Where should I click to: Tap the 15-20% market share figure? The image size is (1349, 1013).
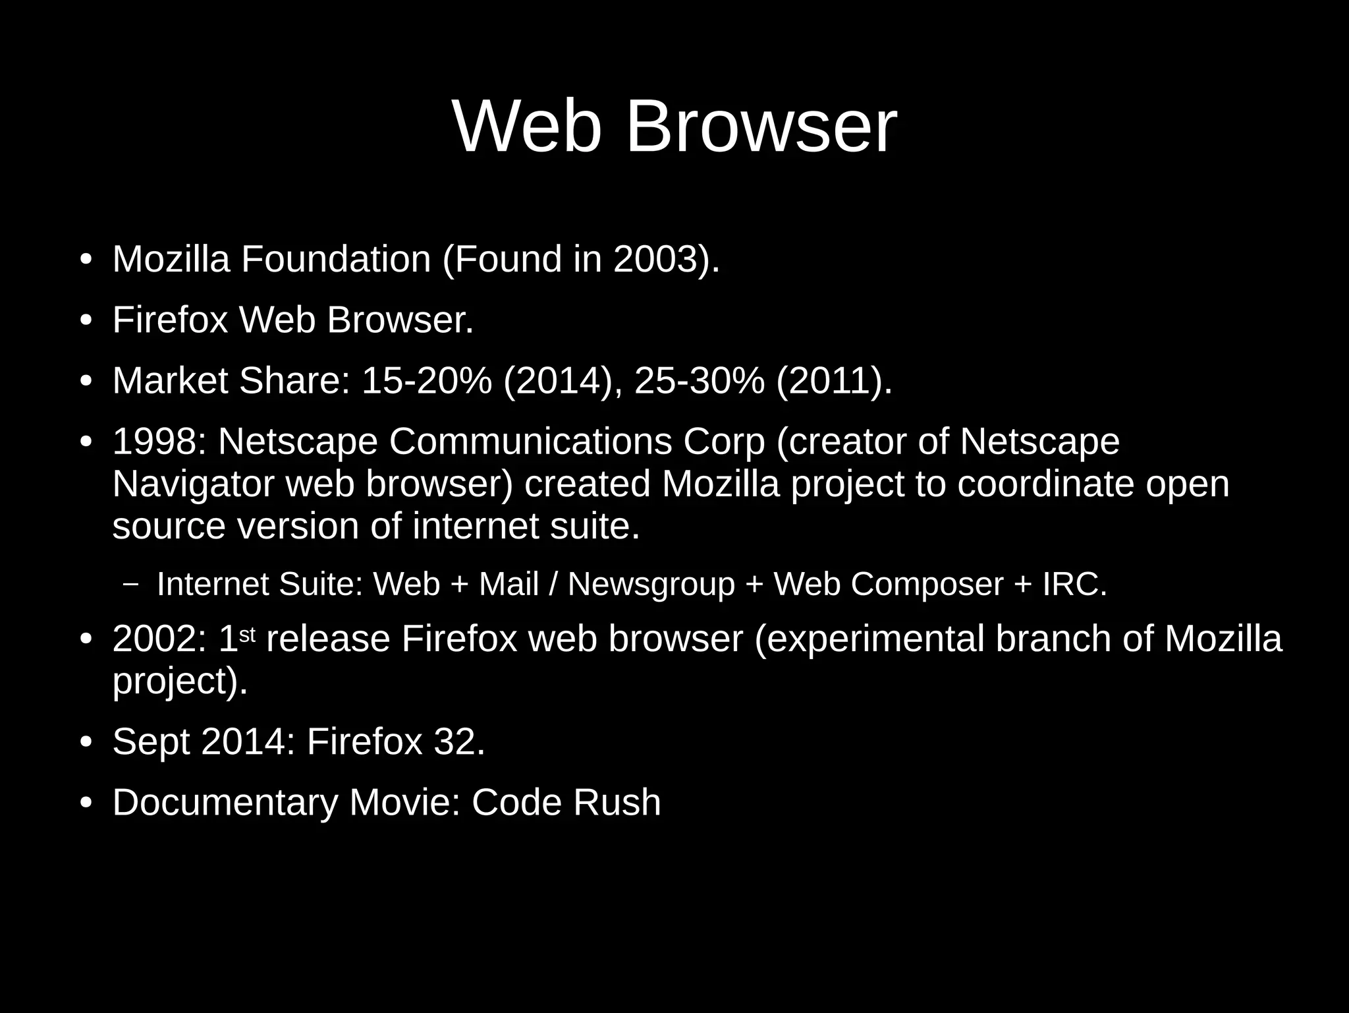click(426, 381)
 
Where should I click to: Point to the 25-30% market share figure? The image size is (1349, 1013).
click(700, 381)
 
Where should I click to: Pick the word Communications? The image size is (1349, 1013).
click(530, 442)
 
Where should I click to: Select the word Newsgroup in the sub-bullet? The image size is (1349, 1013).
click(651, 584)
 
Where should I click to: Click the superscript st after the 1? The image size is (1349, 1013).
click(246, 634)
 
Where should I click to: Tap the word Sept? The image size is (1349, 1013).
click(151, 742)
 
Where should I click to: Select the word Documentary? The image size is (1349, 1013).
click(225, 803)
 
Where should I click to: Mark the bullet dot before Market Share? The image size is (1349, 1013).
click(85, 382)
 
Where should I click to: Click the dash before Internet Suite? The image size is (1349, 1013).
click(131, 584)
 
